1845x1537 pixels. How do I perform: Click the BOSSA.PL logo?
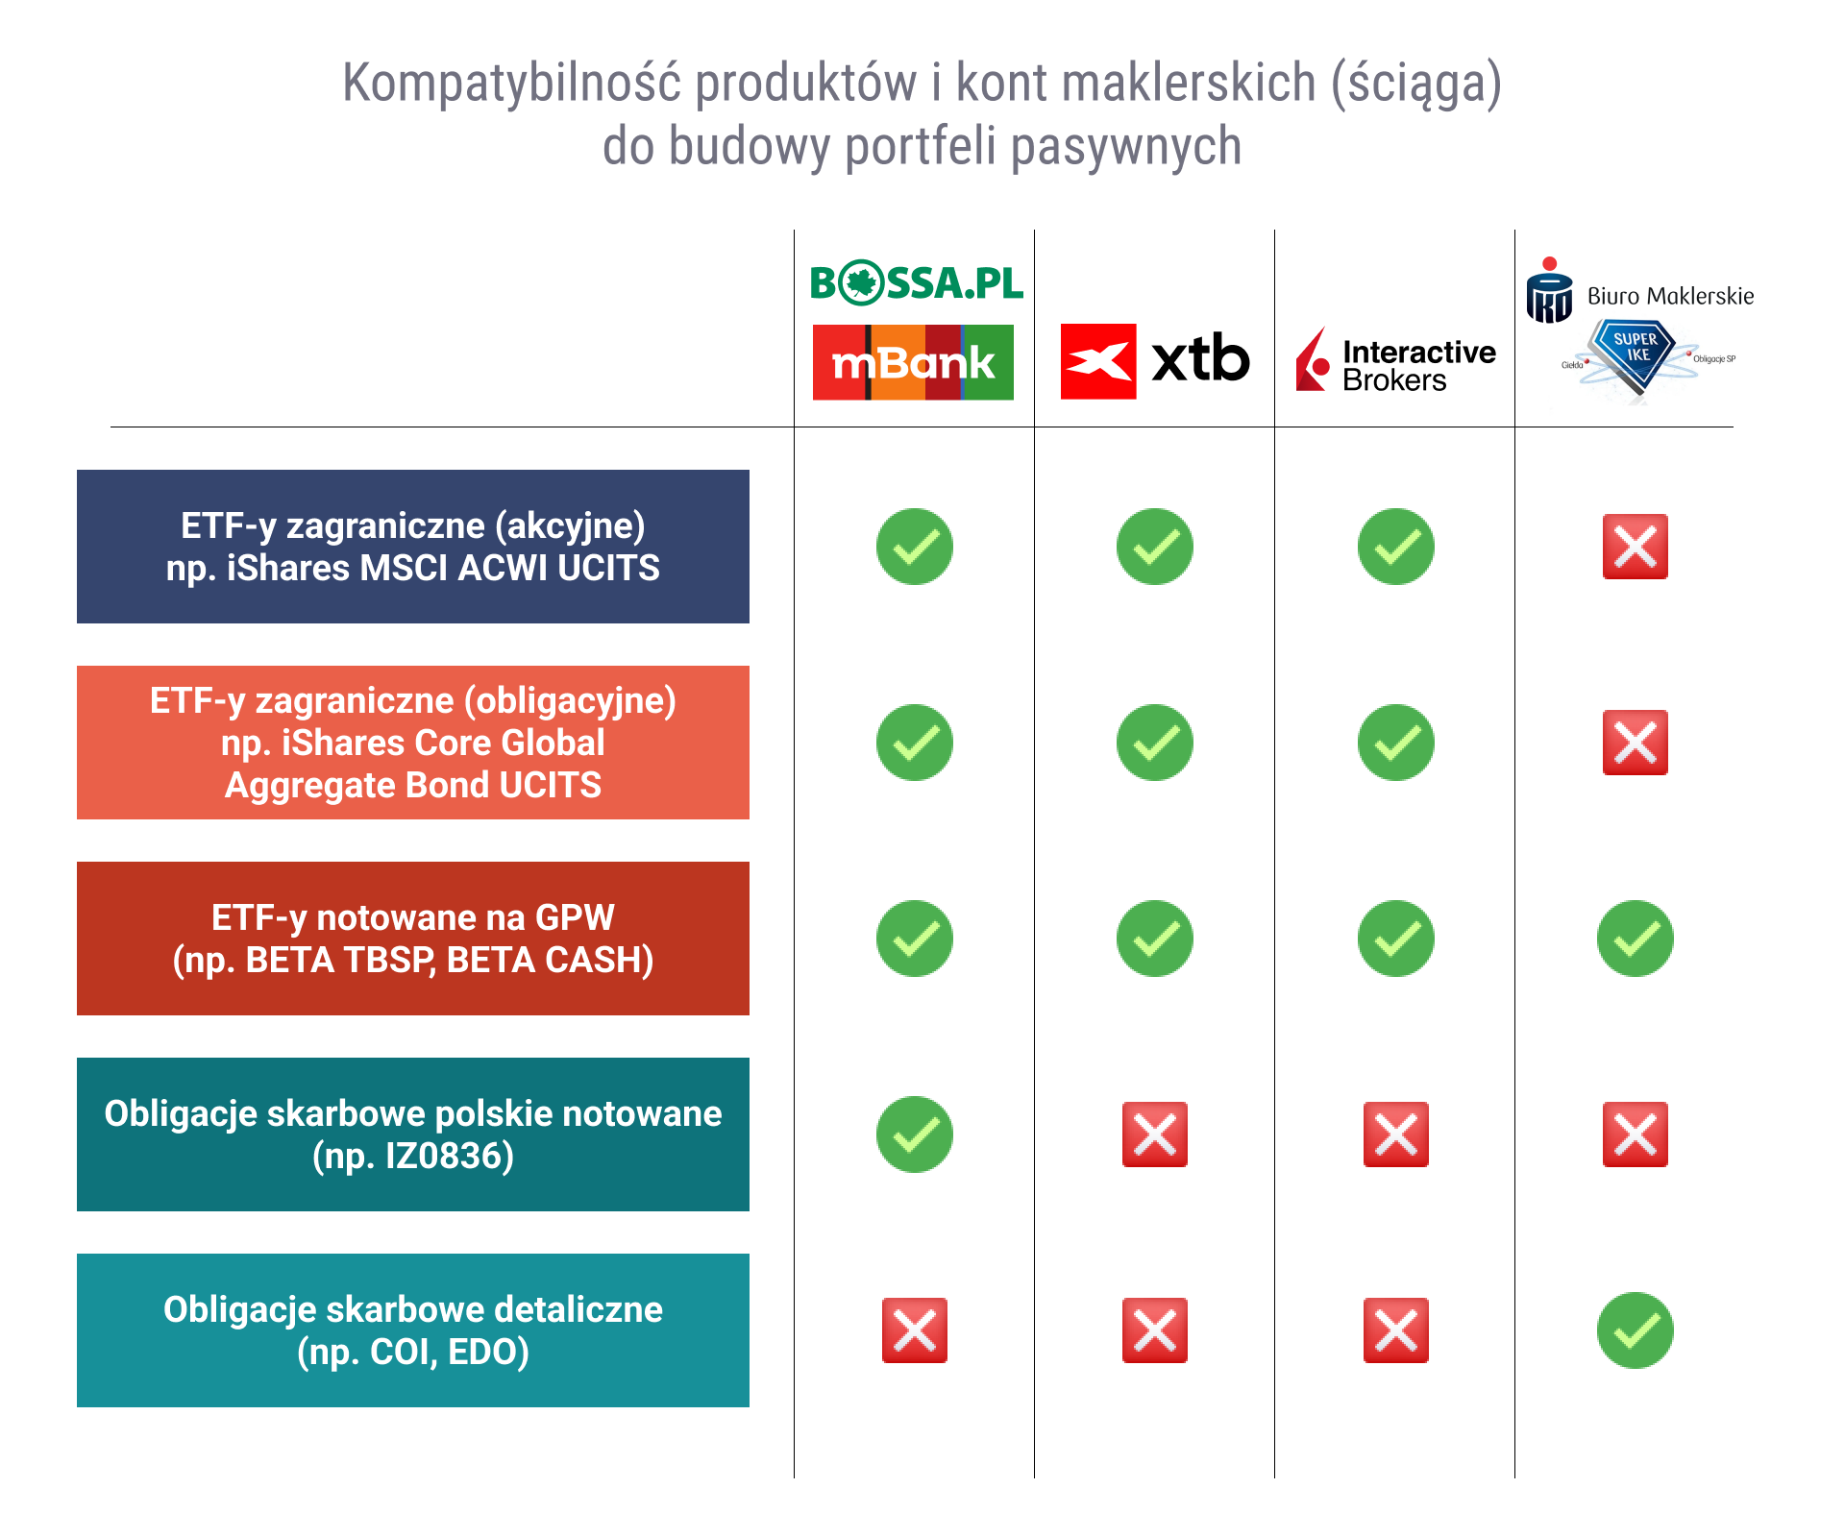click(x=917, y=282)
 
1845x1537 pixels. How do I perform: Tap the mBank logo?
click(x=913, y=362)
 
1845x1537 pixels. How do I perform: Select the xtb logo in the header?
click(x=1155, y=360)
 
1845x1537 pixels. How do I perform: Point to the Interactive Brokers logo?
click(x=1395, y=361)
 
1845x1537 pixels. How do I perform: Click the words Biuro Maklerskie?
click(x=1670, y=296)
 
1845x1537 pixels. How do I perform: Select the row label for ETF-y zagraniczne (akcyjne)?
click(x=413, y=547)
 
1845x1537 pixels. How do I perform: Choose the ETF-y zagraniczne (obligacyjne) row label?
click(x=413, y=743)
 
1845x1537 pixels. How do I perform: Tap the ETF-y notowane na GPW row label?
click(x=413, y=939)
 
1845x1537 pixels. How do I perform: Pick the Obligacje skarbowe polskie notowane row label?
click(x=413, y=1134)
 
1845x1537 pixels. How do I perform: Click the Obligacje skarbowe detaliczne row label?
click(x=413, y=1330)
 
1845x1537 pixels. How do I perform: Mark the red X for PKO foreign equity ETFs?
click(x=1636, y=547)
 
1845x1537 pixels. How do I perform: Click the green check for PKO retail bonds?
click(x=1636, y=1330)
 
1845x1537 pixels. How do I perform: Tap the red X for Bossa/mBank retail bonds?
click(x=915, y=1330)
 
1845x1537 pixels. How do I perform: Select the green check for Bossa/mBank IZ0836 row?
click(x=915, y=1134)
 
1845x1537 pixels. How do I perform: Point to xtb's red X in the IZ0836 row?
click(x=1155, y=1134)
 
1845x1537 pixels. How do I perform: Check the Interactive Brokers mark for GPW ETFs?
click(x=1396, y=939)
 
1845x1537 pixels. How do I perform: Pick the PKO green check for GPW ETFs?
click(x=1636, y=939)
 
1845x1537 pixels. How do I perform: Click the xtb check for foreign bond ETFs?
click(x=1155, y=743)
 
